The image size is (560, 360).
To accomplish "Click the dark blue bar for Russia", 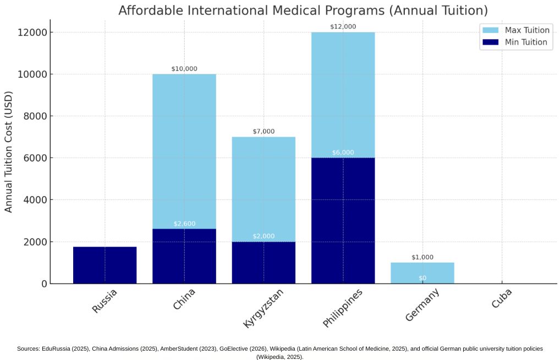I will [105, 265].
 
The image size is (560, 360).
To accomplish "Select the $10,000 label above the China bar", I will [184, 69].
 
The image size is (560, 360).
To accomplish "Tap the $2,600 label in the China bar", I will [184, 223].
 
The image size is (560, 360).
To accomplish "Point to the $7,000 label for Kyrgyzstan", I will [263, 132].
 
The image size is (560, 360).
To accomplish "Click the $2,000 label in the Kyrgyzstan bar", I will [263, 236].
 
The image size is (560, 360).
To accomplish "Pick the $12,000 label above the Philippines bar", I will [343, 26].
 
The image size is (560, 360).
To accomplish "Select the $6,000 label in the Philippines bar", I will [343, 152].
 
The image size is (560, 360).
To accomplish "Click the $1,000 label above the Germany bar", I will [422, 257].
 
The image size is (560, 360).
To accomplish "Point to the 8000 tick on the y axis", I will [35, 116].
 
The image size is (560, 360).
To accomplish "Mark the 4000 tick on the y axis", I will [35, 200].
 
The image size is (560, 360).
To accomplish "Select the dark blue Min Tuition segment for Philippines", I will [343, 220].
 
